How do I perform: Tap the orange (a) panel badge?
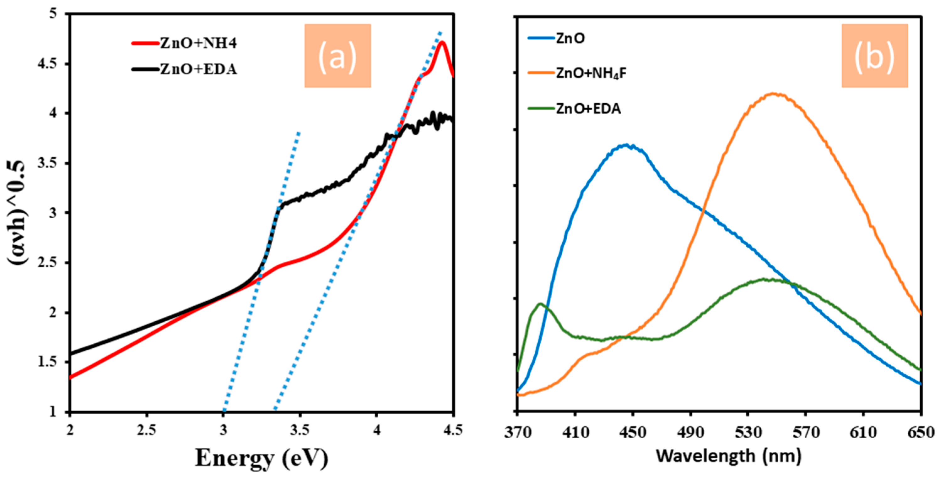[x=338, y=56]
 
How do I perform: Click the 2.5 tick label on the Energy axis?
[x=147, y=431]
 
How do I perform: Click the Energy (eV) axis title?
[x=261, y=458]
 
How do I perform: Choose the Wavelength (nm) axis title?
[x=728, y=456]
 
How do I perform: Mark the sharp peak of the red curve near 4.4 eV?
[x=442, y=42]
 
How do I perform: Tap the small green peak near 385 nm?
[x=540, y=304]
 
